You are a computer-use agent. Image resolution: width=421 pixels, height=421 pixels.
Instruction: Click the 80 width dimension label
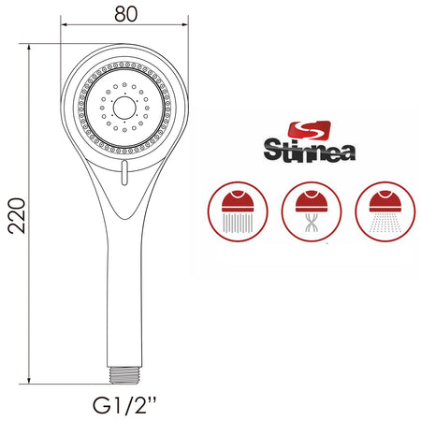tap(125, 14)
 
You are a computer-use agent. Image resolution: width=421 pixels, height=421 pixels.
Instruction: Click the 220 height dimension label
tap(17, 215)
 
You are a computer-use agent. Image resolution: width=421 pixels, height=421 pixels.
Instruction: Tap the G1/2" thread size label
tap(124, 405)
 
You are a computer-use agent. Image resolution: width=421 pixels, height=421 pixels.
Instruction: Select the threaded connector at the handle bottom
tap(124, 375)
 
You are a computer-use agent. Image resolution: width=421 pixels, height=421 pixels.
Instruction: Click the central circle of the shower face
tap(124, 108)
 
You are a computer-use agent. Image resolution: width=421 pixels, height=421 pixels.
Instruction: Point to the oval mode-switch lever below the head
tap(124, 172)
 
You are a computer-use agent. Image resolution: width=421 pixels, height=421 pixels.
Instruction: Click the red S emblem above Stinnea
tap(309, 131)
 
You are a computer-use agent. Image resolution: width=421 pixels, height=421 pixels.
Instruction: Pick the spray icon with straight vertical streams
tap(238, 211)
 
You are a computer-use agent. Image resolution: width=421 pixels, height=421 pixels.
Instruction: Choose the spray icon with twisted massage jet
tap(312, 211)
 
